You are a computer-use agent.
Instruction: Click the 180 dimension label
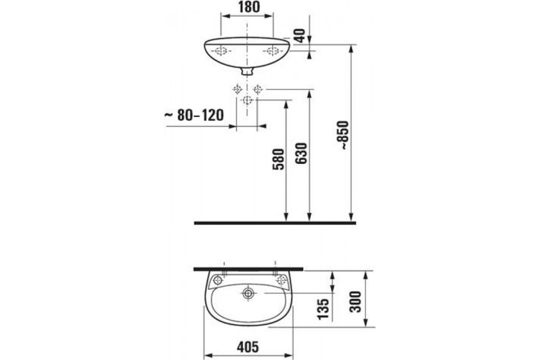[247, 7]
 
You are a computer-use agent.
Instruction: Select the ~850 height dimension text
[343, 134]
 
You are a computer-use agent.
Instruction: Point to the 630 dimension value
[301, 154]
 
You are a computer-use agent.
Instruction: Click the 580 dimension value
[278, 159]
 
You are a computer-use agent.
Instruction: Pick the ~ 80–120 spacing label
[194, 115]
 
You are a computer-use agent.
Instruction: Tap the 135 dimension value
[323, 309]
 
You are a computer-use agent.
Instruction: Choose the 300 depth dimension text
[355, 302]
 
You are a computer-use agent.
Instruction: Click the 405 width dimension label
[248, 347]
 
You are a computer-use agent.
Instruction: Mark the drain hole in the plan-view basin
[248, 293]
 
